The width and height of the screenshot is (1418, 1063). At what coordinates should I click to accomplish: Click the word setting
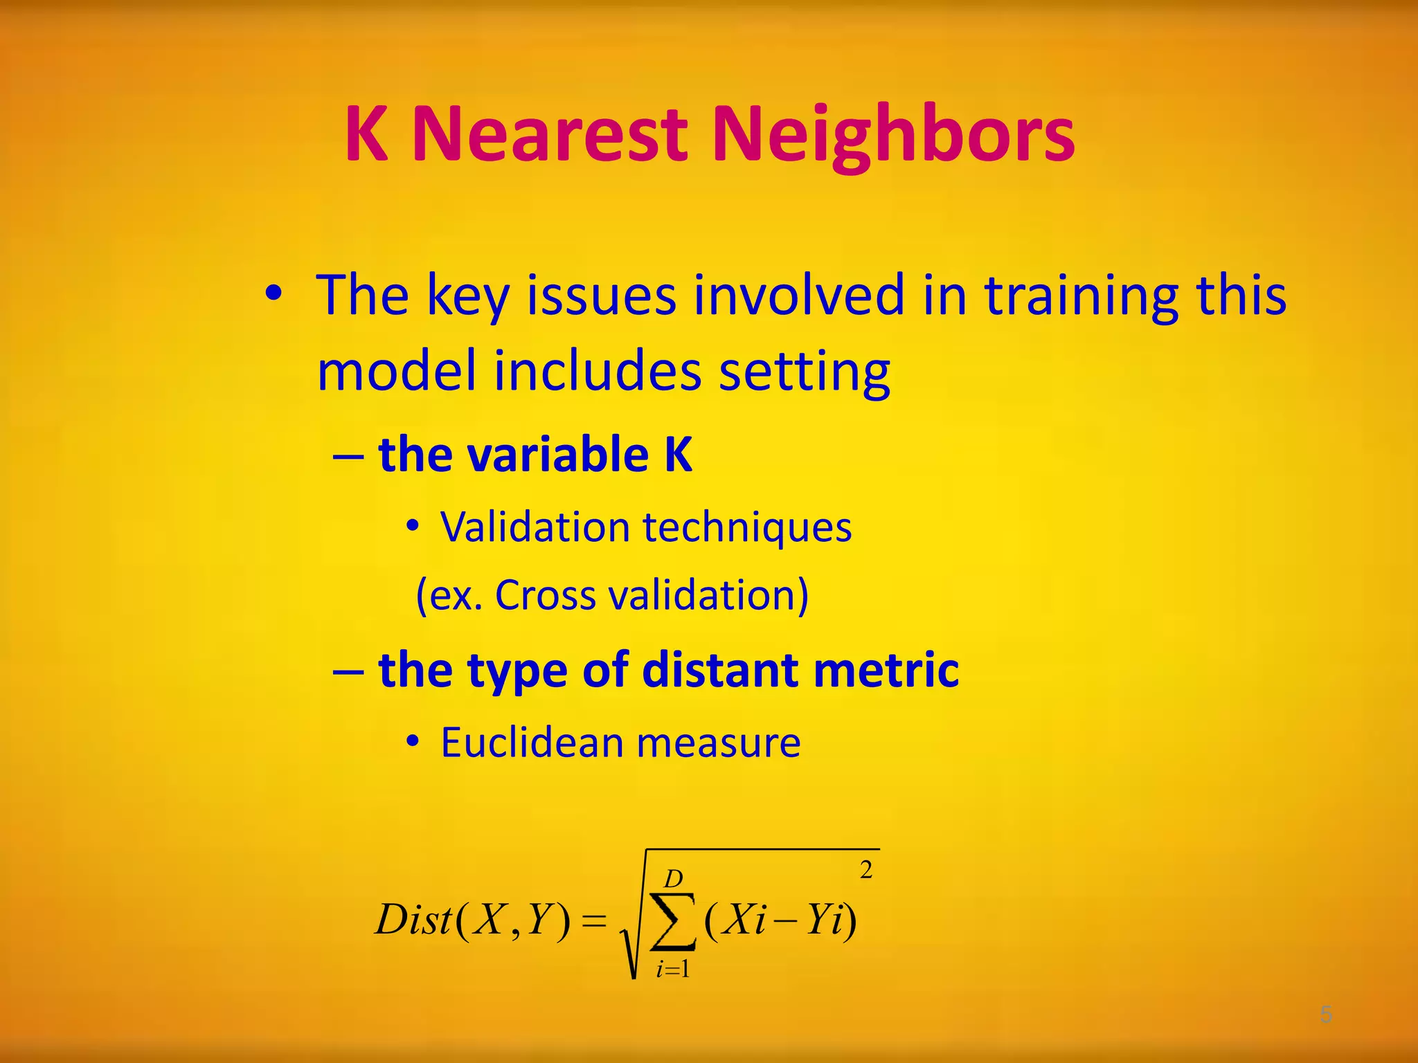(x=805, y=372)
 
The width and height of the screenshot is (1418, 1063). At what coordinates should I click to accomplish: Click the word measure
(x=718, y=743)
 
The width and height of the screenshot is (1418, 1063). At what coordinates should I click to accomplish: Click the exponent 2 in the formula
(x=865, y=870)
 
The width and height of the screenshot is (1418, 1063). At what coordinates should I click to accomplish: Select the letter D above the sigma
(x=673, y=879)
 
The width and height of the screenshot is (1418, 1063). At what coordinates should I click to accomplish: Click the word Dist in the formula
(x=413, y=920)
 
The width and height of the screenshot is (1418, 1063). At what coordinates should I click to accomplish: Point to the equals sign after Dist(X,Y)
(x=593, y=921)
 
